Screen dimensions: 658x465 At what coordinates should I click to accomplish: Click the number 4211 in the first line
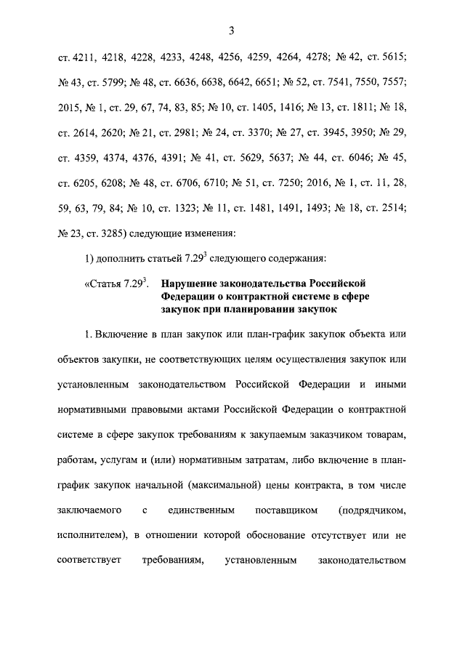(84, 55)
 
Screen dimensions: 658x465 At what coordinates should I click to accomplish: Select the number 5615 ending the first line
(393, 55)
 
